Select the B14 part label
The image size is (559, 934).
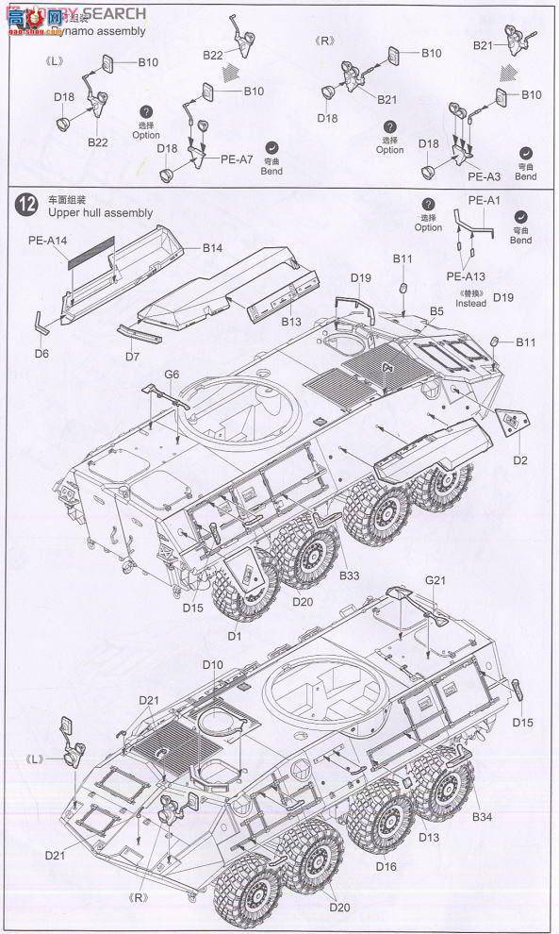tap(212, 248)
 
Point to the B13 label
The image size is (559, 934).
tap(290, 322)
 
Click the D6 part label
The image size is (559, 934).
tap(41, 354)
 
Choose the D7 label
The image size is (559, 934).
tap(131, 358)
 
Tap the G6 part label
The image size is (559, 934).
tap(171, 375)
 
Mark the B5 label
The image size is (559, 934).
tap(437, 310)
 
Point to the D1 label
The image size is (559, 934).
tap(234, 638)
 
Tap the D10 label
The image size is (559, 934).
tap(212, 665)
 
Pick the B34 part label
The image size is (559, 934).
tap(483, 817)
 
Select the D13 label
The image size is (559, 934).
tap(429, 838)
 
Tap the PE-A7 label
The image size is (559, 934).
tap(238, 159)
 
